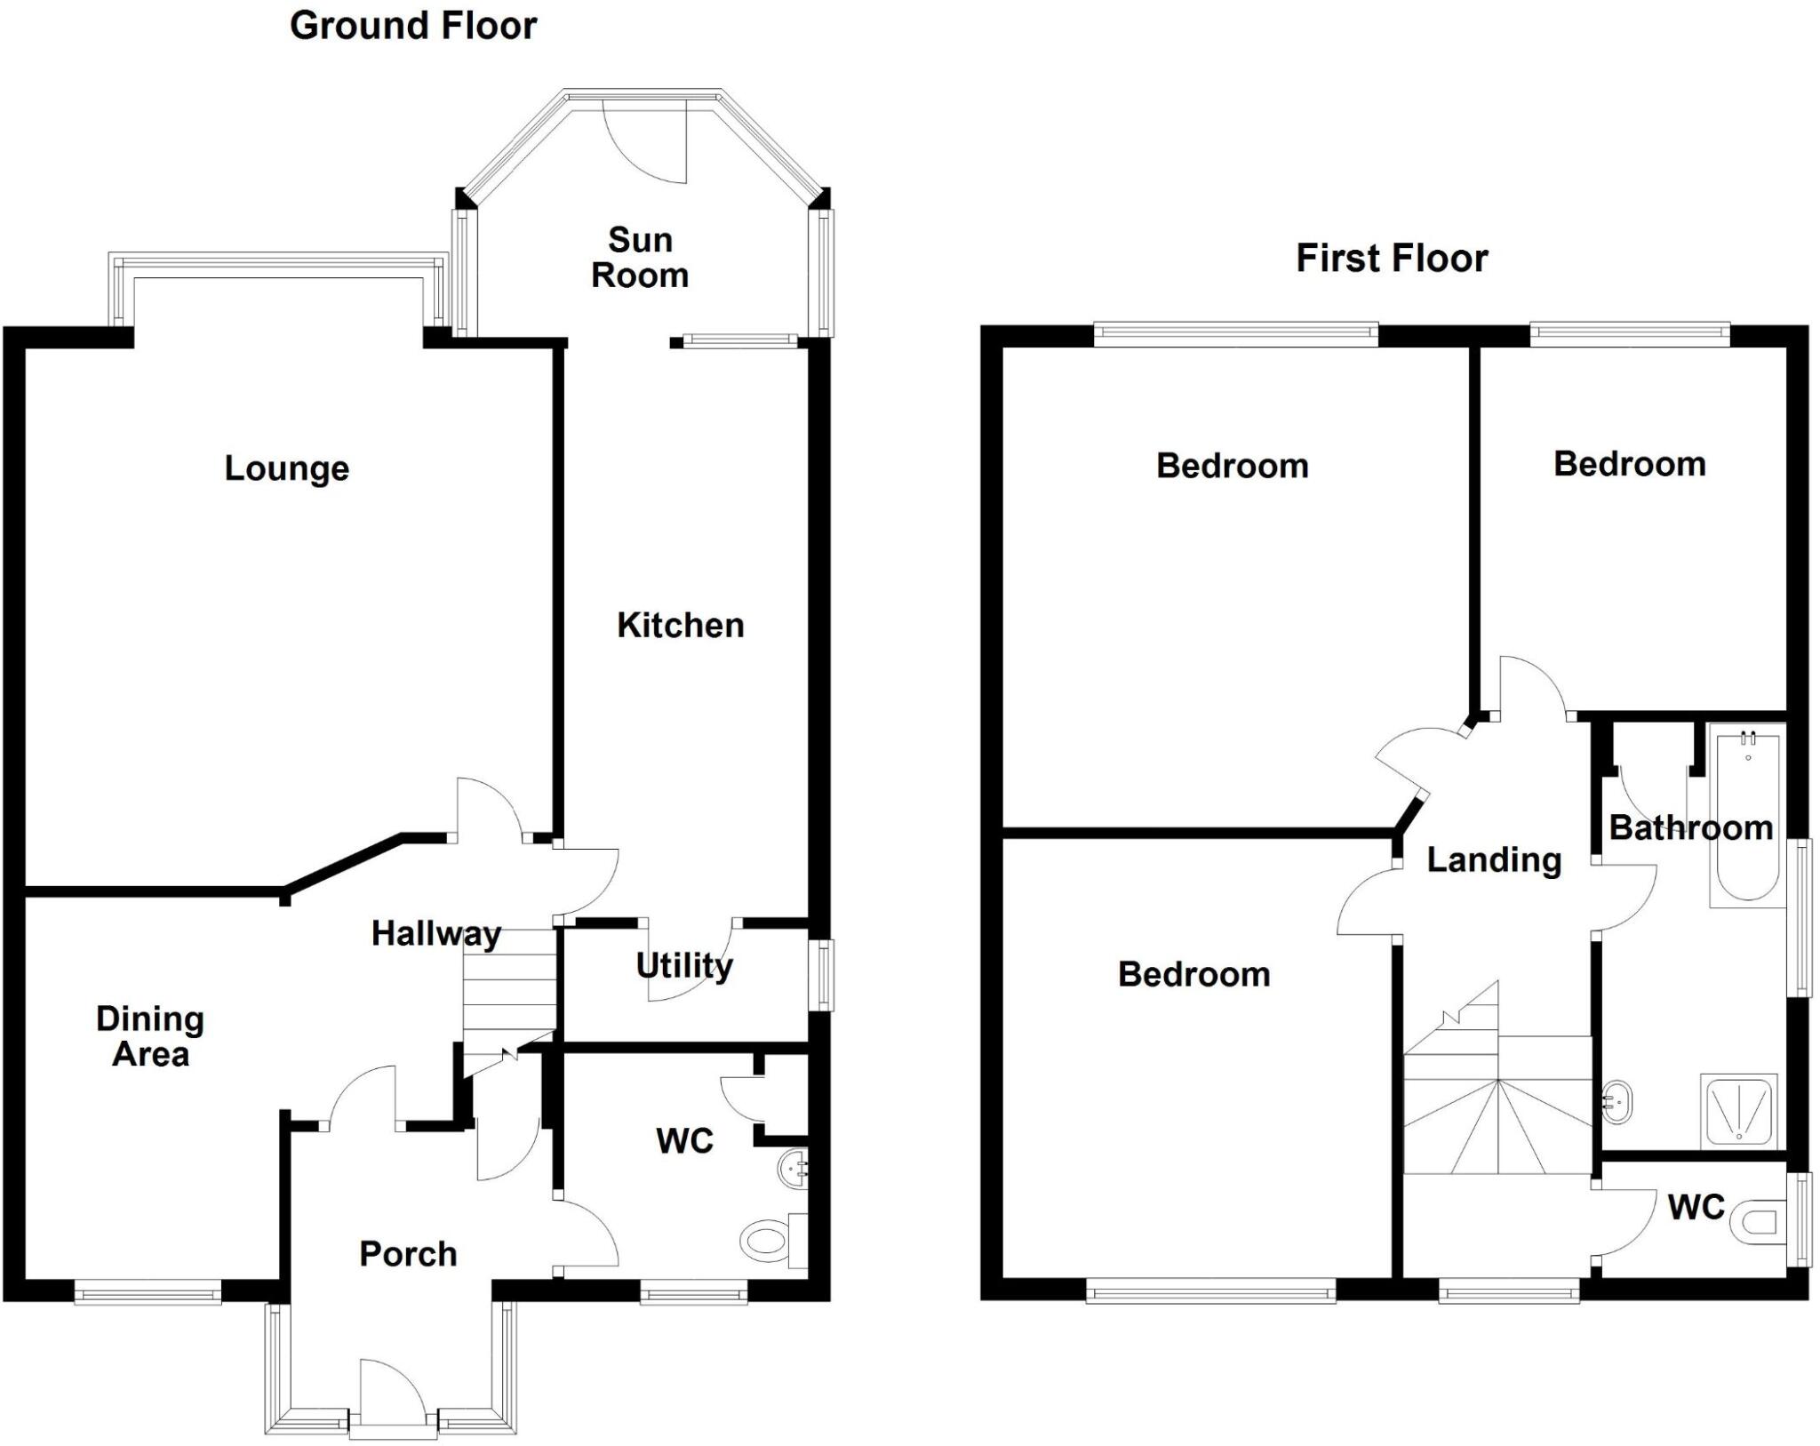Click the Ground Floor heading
coord(413,27)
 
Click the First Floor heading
coord(1392,259)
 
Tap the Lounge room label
coord(286,468)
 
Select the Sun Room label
coord(640,258)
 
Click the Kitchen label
coord(680,626)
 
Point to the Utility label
coord(684,965)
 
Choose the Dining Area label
coord(150,1036)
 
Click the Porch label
coord(408,1254)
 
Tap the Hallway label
coord(435,933)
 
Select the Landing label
coord(1494,859)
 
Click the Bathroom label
coord(1690,827)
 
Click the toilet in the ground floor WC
coord(764,1239)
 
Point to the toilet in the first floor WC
coord(1756,1223)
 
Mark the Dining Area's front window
coord(148,1290)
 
